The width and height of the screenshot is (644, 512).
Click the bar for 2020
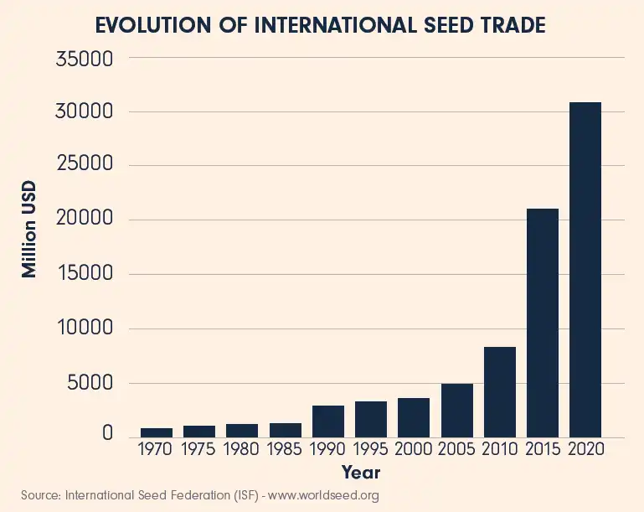coord(585,269)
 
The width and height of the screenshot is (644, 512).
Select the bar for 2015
coord(542,323)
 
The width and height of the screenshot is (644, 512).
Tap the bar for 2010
coord(499,392)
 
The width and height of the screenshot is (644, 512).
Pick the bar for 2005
coord(456,411)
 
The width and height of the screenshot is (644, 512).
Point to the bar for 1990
coord(327,421)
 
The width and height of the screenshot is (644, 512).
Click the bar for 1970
coord(156,432)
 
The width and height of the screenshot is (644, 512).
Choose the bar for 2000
coord(414,417)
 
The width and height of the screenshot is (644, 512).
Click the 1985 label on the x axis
coord(286,451)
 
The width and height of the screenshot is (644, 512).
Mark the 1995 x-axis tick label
coord(371,451)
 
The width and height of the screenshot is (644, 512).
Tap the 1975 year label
coord(199,451)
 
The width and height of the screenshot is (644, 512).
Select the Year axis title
coord(361,473)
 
